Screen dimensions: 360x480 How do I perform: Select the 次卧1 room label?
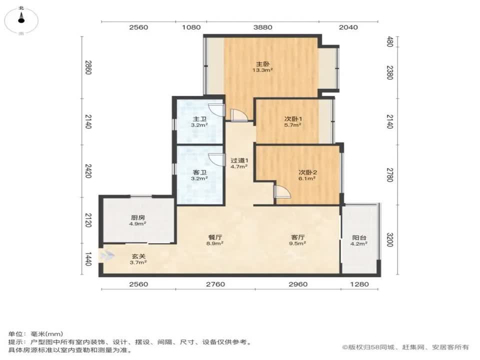pos(292,119)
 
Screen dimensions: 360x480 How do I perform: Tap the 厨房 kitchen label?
pos(138,217)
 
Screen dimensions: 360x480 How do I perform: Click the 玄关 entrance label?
pos(138,256)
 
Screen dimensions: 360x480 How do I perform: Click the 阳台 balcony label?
pos(359,238)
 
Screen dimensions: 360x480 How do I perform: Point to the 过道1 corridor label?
pos(239,161)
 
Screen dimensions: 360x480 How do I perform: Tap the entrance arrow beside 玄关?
pos(105,256)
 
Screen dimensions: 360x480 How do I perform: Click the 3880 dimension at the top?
pos(262,27)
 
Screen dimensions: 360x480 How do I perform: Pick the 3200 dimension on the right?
pos(390,240)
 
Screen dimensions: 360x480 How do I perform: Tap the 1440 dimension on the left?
pos(88,259)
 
